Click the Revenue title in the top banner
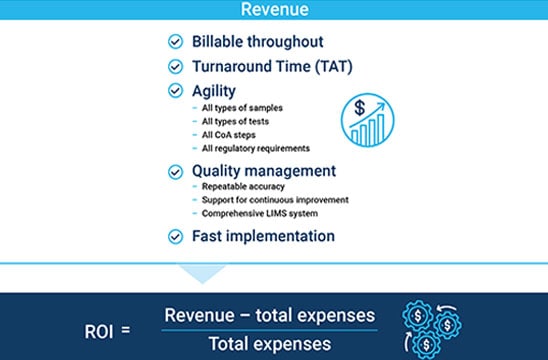pos(273,9)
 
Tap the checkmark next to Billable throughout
pos(176,42)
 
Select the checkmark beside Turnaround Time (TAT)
pos(176,67)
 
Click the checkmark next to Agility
pos(176,90)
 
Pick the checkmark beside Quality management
pos(176,171)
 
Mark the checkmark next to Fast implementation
pos(176,237)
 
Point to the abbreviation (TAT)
pos(328,67)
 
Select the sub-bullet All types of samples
pos(243,107)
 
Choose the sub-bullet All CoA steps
pos(230,135)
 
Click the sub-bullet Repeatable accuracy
pos(244,187)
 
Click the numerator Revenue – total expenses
pos(270,314)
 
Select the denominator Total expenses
pos(270,343)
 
